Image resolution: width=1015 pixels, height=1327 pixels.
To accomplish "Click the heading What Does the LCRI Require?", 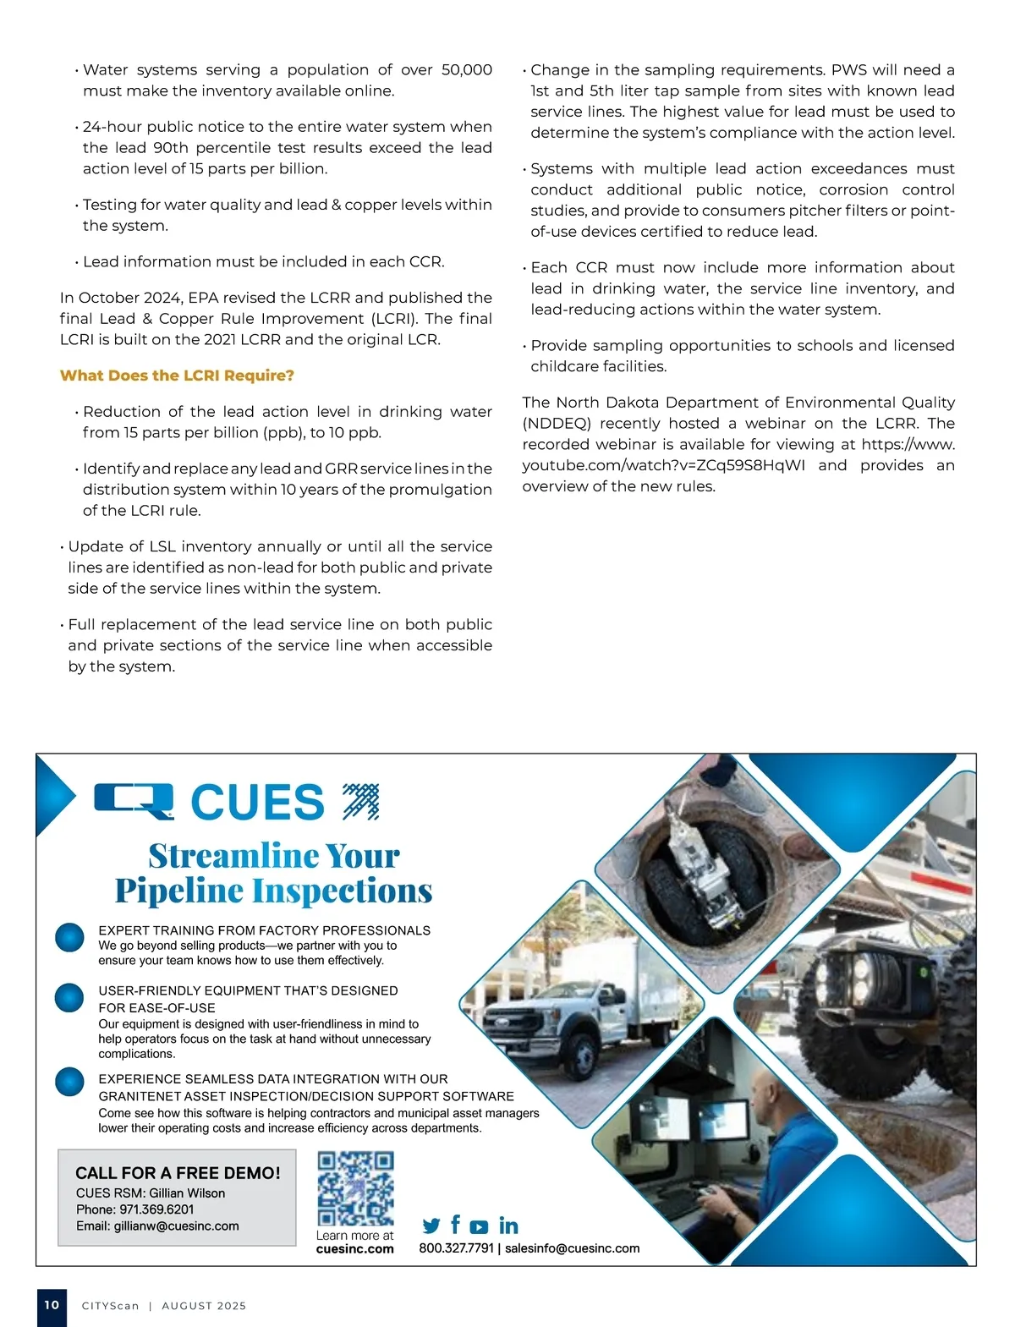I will pyautogui.click(x=177, y=376).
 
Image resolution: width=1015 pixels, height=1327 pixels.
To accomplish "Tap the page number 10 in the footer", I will pyautogui.click(x=52, y=1305).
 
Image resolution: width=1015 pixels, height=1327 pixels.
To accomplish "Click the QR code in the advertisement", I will pyautogui.click(x=355, y=1188).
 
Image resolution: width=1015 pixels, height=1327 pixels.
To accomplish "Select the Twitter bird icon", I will pyautogui.click(x=431, y=1226).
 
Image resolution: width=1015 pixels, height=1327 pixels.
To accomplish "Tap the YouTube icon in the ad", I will pyautogui.click(x=479, y=1226).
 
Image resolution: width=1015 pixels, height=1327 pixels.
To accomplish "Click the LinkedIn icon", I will pyautogui.click(x=508, y=1226).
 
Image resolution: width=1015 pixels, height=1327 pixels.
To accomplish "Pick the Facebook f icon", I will pyautogui.click(x=456, y=1224).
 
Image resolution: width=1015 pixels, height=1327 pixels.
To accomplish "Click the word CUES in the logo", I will pyautogui.click(x=257, y=802).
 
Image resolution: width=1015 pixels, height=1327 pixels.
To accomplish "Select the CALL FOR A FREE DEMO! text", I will pyautogui.click(x=178, y=1173).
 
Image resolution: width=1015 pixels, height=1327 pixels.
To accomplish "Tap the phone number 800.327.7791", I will pyautogui.click(x=456, y=1248).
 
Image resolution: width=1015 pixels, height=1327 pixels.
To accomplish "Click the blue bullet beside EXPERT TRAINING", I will pyautogui.click(x=69, y=938).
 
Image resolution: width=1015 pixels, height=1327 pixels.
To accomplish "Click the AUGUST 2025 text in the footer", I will pyautogui.click(x=204, y=1306).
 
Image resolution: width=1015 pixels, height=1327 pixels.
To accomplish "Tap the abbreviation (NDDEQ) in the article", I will pyautogui.click(x=558, y=424).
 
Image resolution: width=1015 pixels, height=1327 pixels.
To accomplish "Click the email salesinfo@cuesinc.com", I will pyautogui.click(x=572, y=1248).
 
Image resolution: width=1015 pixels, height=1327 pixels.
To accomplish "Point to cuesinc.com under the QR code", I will pyautogui.click(x=354, y=1249).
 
